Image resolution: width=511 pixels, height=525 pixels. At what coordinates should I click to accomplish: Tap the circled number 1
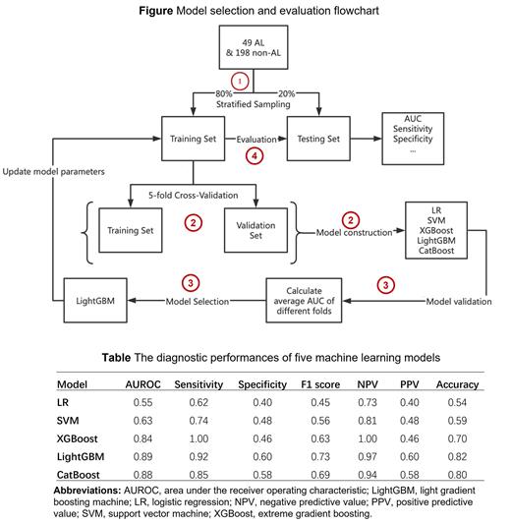236,79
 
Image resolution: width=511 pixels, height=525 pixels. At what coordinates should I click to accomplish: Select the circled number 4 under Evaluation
255,155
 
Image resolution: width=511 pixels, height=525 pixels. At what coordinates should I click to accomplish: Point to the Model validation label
431,299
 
